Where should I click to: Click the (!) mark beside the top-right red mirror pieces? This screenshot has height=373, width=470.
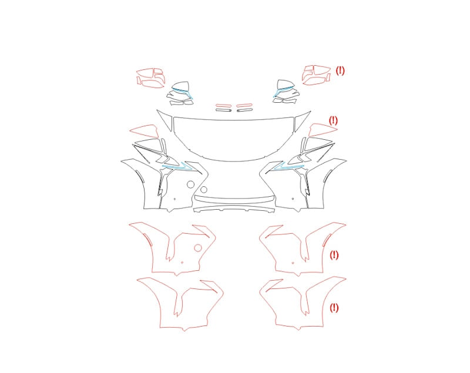pos(340,70)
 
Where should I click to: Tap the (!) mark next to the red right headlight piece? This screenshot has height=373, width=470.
pos(333,120)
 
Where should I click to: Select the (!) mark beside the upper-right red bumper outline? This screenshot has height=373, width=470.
pos(334,256)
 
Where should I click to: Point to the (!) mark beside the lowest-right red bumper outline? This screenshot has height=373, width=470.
pos(334,308)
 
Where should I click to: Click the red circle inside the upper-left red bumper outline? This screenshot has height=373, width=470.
pos(198,248)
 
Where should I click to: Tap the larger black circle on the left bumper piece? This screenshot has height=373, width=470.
pos(190,184)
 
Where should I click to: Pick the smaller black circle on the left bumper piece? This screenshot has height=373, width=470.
pos(204,190)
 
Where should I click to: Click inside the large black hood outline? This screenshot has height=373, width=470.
pos(234,138)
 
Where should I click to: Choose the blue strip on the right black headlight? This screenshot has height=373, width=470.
pos(288,167)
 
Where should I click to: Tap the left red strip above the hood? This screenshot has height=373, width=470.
pos(224,106)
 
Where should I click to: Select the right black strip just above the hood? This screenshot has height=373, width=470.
pos(244,110)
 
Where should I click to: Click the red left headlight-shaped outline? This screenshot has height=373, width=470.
pos(144,130)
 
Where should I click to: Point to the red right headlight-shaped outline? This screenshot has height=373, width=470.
pos(323,129)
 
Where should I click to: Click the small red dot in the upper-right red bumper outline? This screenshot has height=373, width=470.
pos(293,263)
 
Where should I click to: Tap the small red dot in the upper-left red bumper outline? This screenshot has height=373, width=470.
pos(182,263)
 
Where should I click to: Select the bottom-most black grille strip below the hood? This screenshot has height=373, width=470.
pos(234,209)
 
